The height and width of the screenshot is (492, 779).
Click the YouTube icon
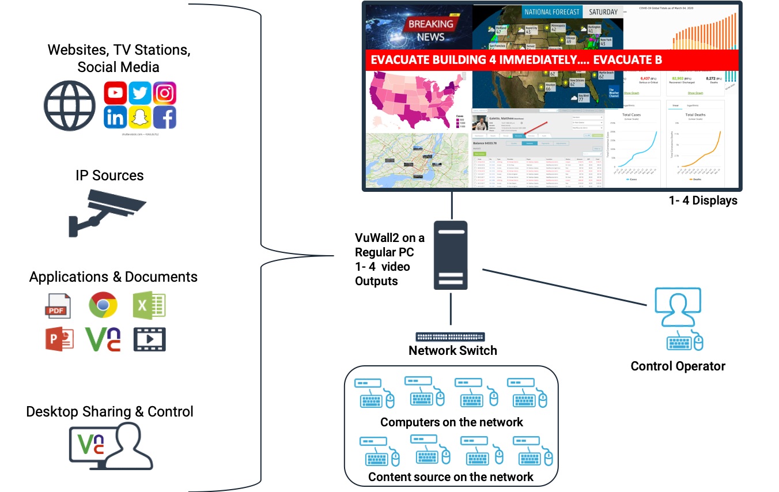click(x=115, y=93)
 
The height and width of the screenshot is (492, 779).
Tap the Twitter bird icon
click(x=140, y=93)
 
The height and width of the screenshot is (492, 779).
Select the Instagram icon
click(x=165, y=93)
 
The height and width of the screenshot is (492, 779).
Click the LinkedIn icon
click(x=115, y=118)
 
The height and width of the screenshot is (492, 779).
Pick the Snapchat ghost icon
click(x=140, y=118)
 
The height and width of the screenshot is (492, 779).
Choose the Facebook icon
click(x=165, y=118)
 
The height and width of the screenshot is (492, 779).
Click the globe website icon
click(x=70, y=105)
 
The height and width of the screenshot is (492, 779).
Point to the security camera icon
click(x=107, y=210)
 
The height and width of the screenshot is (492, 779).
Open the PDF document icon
click(x=58, y=305)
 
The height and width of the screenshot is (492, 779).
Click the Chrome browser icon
click(x=103, y=305)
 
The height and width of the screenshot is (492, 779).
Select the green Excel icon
click(x=149, y=305)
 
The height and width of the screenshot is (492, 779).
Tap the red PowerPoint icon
click(x=59, y=339)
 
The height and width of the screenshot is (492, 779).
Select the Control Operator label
click(x=678, y=366)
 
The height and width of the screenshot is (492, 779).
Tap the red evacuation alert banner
click(x=552, y=60)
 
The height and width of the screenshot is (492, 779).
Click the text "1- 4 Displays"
click(x=703, y=201)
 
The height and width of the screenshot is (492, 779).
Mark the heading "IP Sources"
click(x=109, y=175)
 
